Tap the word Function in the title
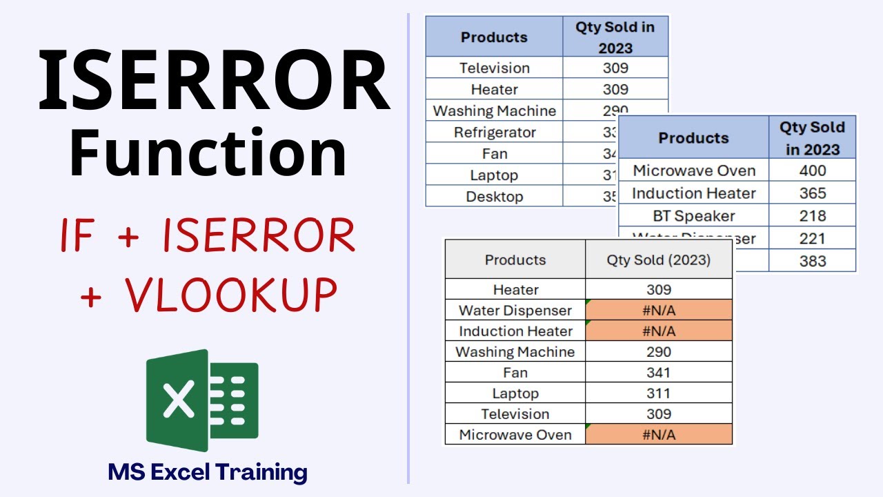[208, 153]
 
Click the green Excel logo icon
[201, 400]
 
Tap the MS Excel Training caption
[208, 472]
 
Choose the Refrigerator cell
[495, 133]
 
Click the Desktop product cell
[495, 197]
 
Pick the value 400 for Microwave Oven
[812, 170]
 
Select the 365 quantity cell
[812, 193]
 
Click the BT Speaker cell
[693, 216]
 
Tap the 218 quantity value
[812, 216]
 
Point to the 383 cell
[812, 261]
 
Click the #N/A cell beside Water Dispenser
[659, 311]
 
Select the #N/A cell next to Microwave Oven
[659, 435]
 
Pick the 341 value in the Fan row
[659, 373]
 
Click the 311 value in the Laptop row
[659, 393]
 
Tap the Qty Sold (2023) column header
[659, 260]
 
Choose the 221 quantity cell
[812, 239]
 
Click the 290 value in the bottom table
[659, 352]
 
